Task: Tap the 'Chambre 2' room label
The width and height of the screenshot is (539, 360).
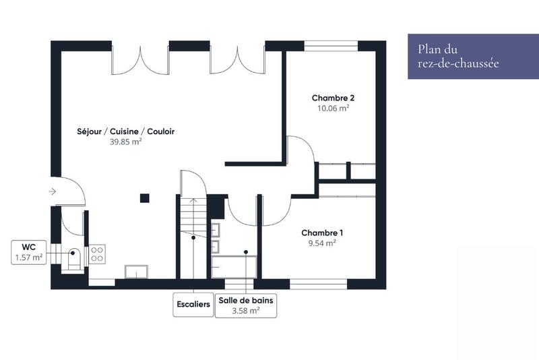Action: pos(333,98)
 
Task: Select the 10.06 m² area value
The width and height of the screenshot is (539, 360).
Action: pos(333,108)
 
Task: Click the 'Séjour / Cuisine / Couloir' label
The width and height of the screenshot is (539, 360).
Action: pos(125,131)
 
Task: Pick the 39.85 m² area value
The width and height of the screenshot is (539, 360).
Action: pos(125,142)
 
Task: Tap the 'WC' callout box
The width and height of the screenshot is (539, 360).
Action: pos(29,252)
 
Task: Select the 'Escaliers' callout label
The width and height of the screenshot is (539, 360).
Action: pos(193,303)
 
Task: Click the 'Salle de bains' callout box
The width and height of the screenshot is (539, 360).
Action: pos(245,305)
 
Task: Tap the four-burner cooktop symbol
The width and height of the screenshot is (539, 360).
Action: pos(97,253)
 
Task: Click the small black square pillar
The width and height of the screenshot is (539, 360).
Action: pos(144,198)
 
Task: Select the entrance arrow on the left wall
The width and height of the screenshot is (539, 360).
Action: pos(53,191)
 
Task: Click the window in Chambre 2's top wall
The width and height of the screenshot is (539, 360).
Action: pos(330,46)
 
